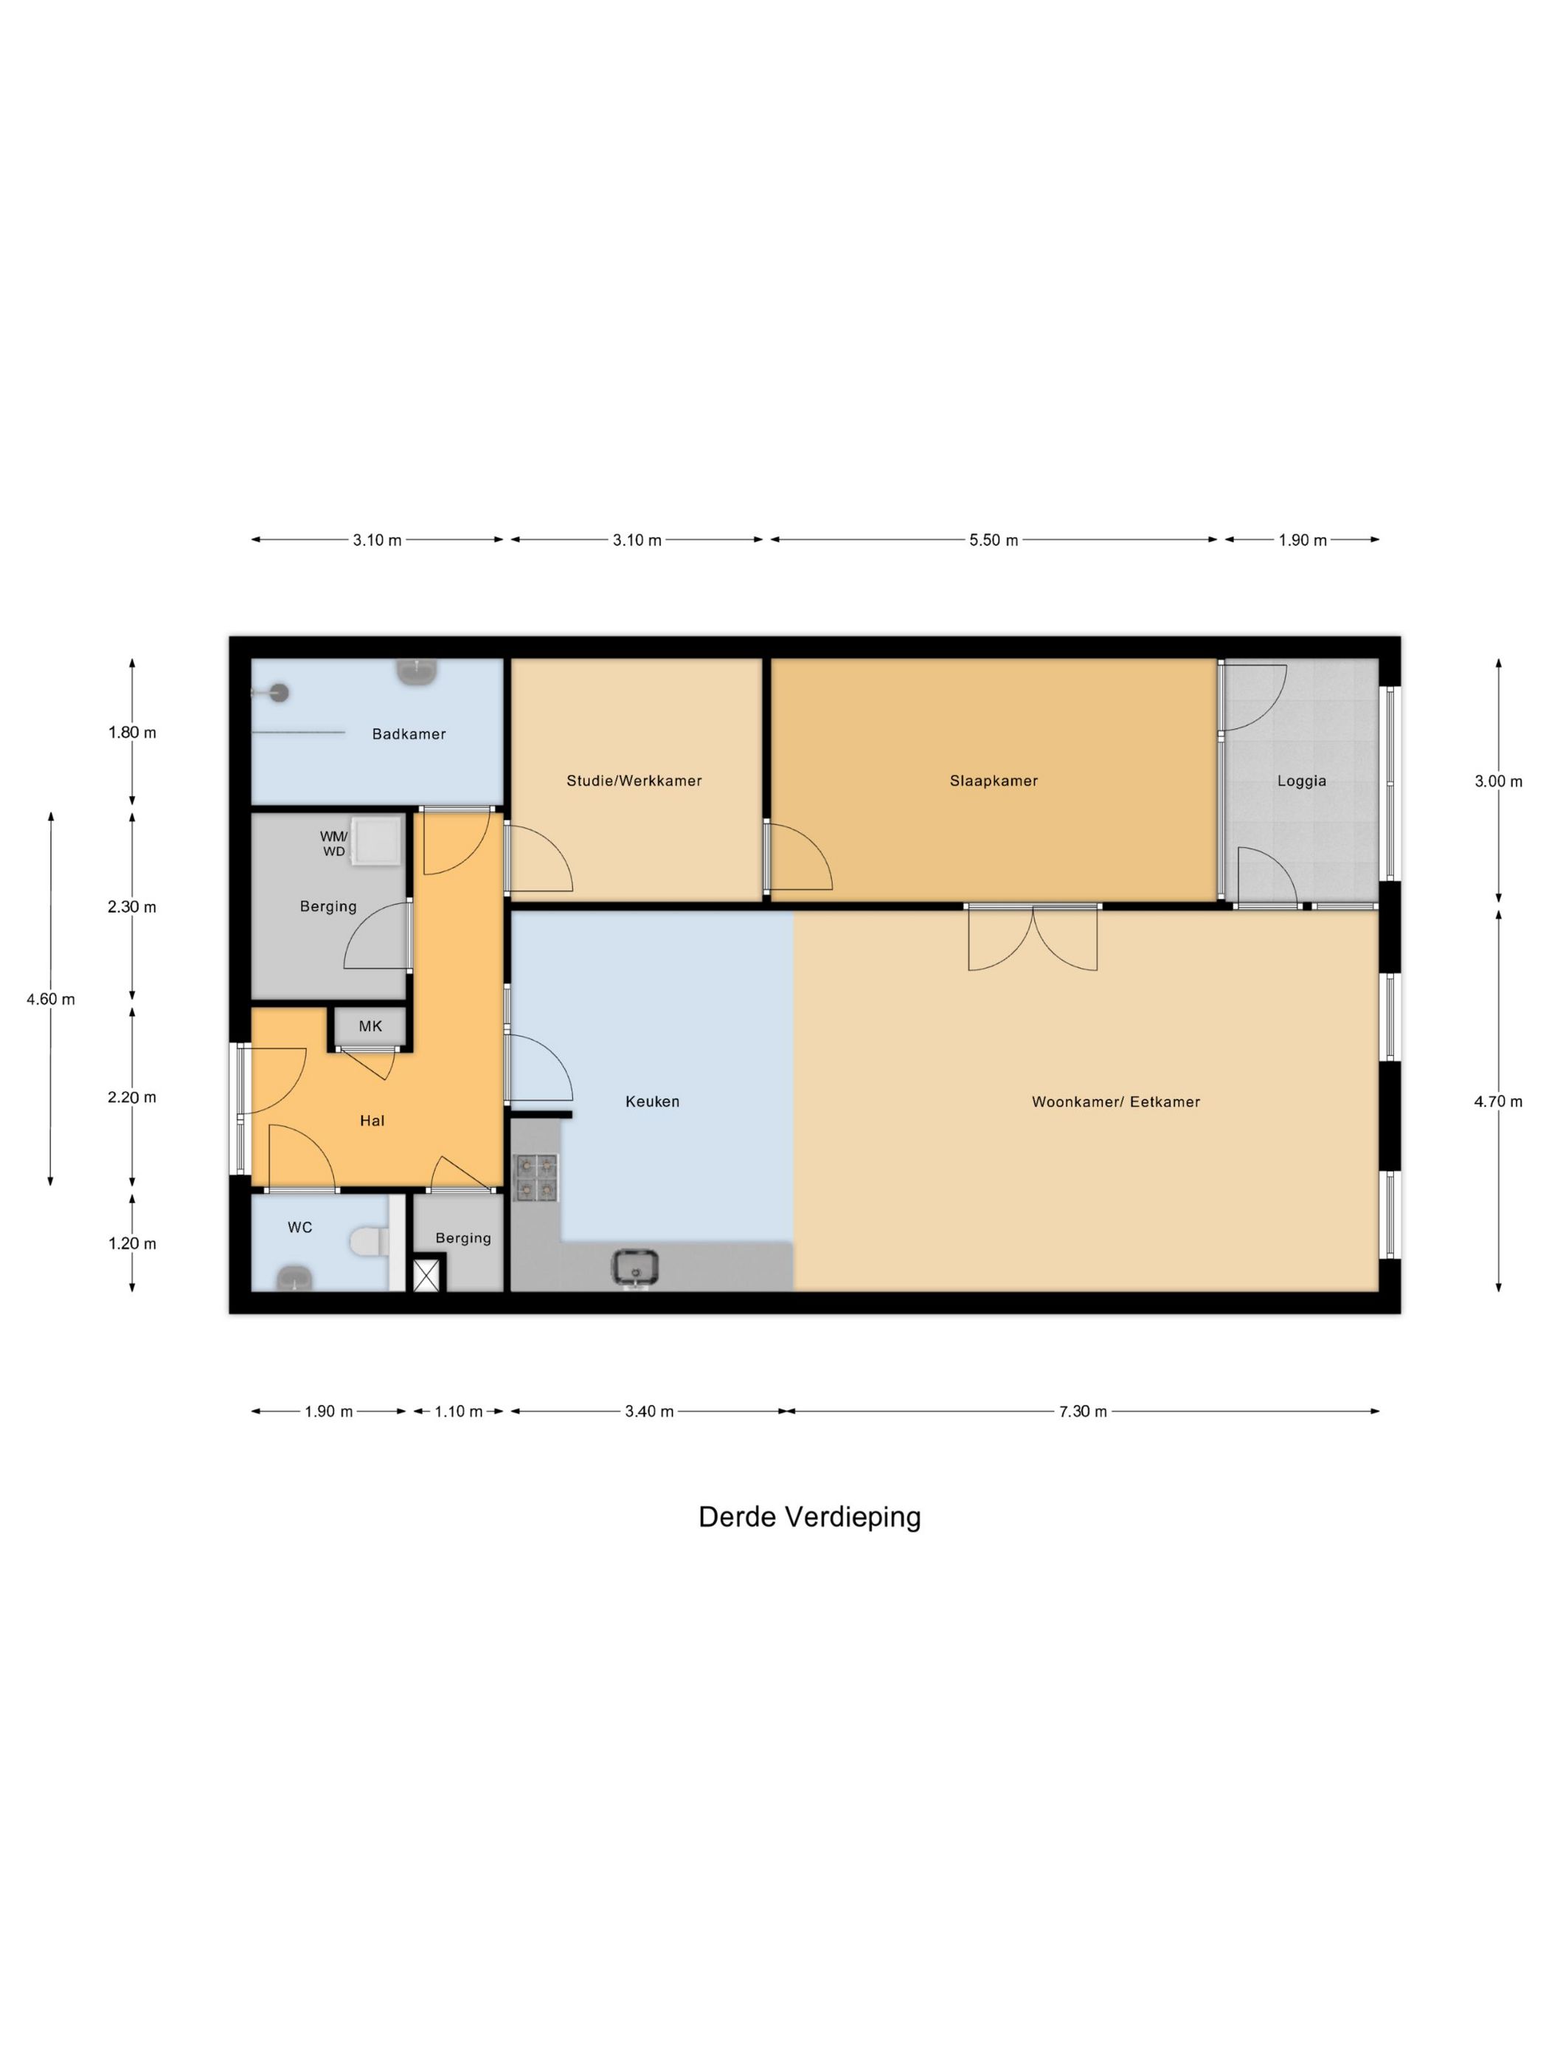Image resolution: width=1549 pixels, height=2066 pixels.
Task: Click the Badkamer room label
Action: pyautogui.click(x=408, y=734)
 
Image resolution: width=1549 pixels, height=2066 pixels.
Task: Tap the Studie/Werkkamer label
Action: pyautogui.click(x=634, y=781)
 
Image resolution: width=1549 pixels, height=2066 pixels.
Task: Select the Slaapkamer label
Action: pyautogui.click(x=994, y=781)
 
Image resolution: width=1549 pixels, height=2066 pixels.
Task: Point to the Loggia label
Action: pyautogui.click(x=1302, y=781)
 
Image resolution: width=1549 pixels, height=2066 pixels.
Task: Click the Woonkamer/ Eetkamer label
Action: pyautogui.click(x=1116, y=1102)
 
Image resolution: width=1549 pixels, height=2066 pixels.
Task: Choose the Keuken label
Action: pyautogui.click(x=652, y=1102)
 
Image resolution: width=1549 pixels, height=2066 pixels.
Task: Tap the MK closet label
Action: pyautogui.click(x=371, y=1026)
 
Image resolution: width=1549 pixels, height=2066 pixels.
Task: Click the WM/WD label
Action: pyautogui.click(x=333, y=843)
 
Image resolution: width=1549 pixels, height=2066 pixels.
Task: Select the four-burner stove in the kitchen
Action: pyautogui.click(x=536, y=1178)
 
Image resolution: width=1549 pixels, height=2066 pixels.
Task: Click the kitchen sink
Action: pyautogui.click(x=635, y=1268)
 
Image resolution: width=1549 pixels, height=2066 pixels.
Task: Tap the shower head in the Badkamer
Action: pyautogui.click(x=277, y=693)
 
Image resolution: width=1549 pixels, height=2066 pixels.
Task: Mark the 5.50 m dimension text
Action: pyautogui.click(x=994, y=540)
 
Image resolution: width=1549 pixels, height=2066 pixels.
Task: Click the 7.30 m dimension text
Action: pyautogui.click(x=1082, y=1412)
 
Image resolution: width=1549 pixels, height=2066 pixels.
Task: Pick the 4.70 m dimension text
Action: pyautogui.click(x=1497, y=1102)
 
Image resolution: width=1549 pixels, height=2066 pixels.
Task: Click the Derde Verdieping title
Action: pyautogui.click(x=809, y=1518)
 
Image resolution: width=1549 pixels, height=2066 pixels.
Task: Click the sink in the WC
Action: pyautogui.click(x=295, y=1278)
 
